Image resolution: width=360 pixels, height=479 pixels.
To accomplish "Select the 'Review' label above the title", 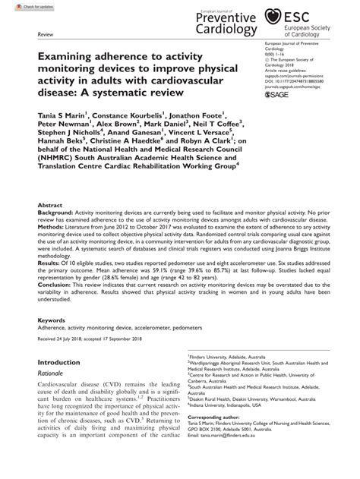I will pyautogui.click(x=45, y=36).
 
